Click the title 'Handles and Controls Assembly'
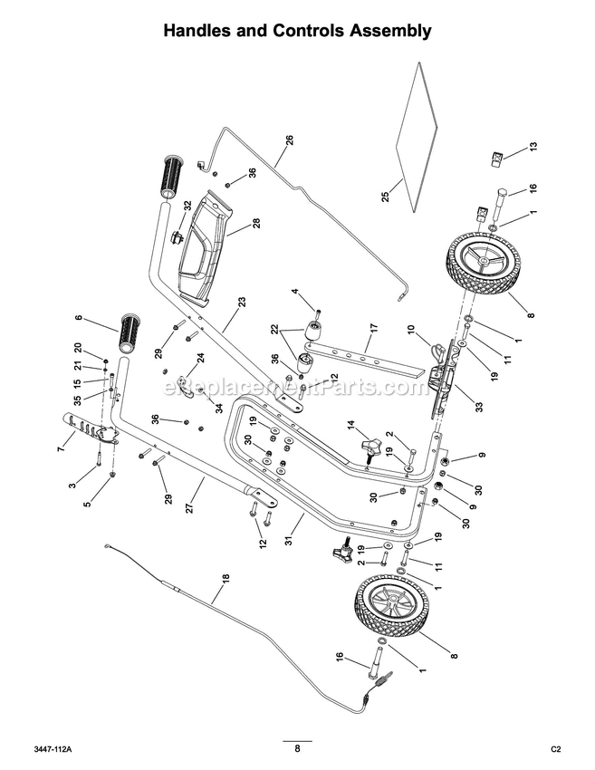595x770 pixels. pos(297,31)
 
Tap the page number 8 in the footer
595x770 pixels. pos(297,748)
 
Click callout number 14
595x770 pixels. pos(350,424)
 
